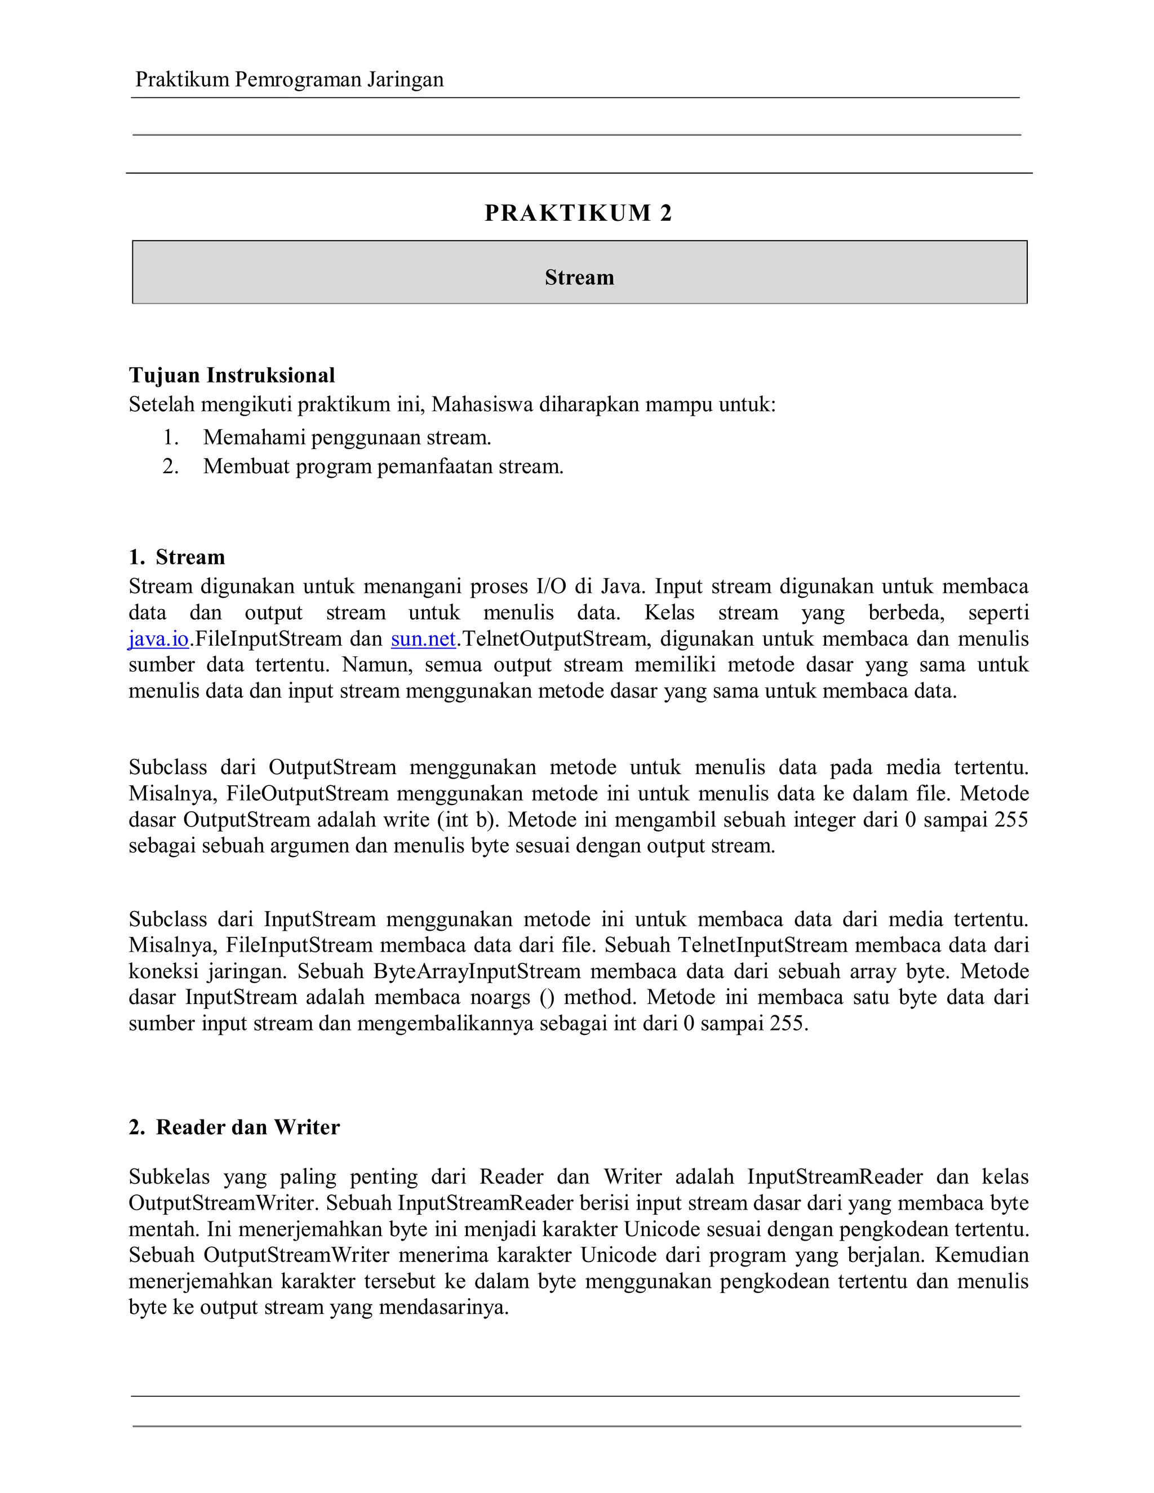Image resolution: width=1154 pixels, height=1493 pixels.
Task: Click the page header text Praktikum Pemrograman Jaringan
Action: tap(289, 80)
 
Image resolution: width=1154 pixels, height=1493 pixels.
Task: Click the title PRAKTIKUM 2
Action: tap(578, 214)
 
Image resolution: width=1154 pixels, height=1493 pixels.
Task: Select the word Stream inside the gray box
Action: tap(579, 278)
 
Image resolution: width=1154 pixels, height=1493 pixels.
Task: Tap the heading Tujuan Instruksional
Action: tap(232, 375)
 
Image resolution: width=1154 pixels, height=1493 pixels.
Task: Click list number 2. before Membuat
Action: tap(171, 466)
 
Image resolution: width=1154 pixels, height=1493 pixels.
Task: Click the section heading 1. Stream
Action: tap(176, 557)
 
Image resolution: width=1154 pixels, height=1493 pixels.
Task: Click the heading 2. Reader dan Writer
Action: tap(234, 1127)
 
